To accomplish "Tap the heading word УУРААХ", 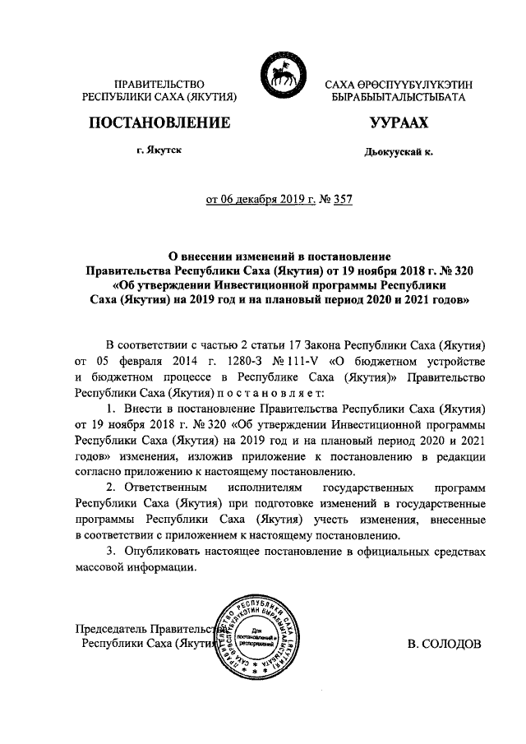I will (x=398, y=123).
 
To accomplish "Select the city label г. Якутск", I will (x=159, y=151).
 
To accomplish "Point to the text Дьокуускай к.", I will (x=399, y=152).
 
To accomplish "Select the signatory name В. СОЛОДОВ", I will (x=445, y=645).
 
